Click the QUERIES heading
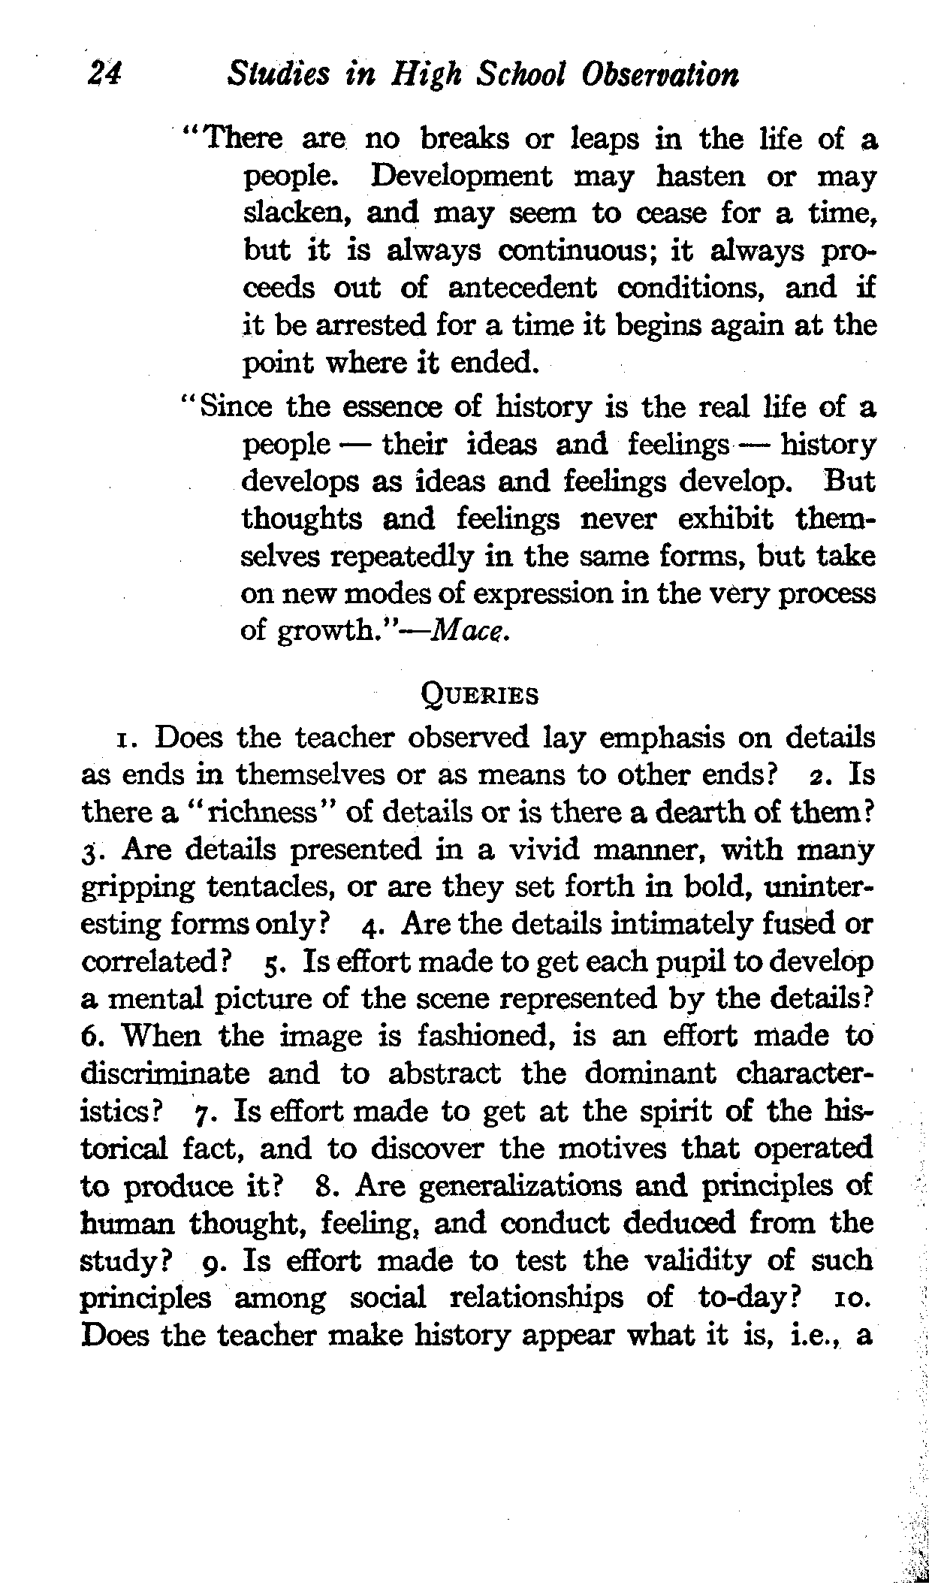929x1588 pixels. click(477, 696)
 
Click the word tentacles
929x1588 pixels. click(269, 888)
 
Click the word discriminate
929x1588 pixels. click(164, 1074)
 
